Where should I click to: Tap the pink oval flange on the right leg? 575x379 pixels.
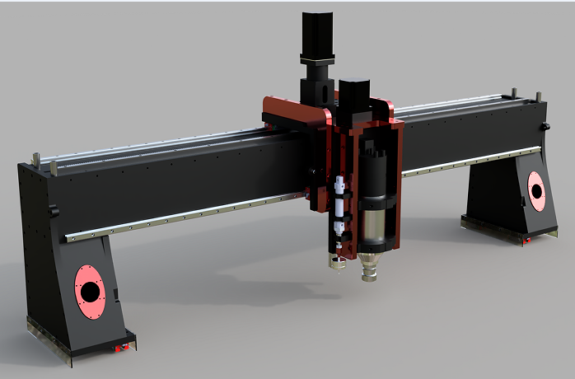pos(536,191)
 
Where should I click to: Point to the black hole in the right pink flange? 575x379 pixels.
pos(537,191)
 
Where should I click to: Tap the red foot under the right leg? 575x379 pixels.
pos(524,240)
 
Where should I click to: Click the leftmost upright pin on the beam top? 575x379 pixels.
pos(36,157)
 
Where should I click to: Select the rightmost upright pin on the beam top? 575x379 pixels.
pos(539,96)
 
